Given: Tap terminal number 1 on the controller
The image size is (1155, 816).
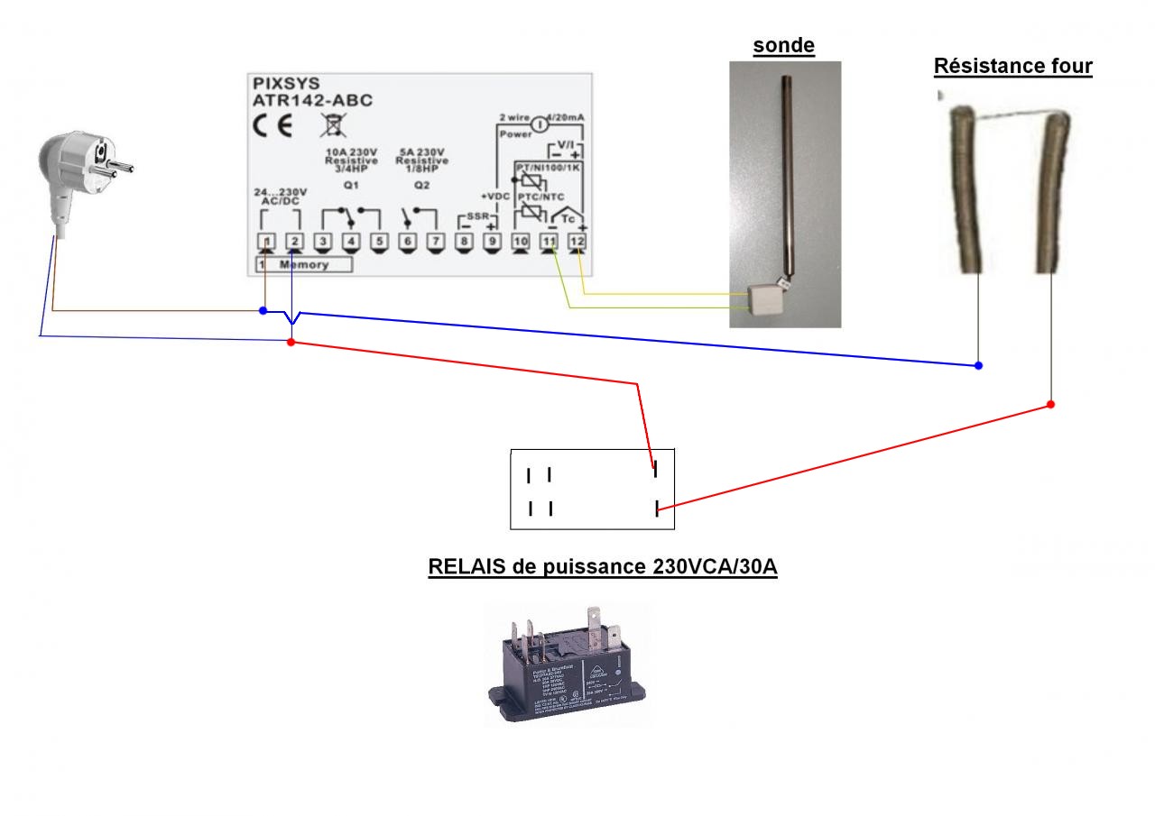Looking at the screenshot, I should [266, 241].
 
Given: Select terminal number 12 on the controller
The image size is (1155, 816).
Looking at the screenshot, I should [577, 241].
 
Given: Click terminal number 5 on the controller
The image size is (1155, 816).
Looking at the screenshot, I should [379, 241].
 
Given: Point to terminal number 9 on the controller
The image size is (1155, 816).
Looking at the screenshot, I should [492, 241].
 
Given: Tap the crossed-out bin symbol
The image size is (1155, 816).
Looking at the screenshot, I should [328, 124].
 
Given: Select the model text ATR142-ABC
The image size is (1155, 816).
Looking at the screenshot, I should [312, 100].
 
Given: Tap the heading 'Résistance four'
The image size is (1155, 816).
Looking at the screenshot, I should [1012, 66].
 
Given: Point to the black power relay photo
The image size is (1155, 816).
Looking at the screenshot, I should [567, 665].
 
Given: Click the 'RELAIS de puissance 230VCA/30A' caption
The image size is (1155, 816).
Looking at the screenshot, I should [603, 567].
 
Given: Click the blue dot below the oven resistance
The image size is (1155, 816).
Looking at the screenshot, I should [979, 366].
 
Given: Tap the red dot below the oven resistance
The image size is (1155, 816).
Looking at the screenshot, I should [1050, 404].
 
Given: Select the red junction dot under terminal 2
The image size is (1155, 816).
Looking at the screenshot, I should [291, 342].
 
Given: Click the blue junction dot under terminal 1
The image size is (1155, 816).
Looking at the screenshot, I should [263, 311].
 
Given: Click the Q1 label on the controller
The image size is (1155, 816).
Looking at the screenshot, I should [351, 185].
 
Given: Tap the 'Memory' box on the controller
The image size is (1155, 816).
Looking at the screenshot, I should [303, 265].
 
